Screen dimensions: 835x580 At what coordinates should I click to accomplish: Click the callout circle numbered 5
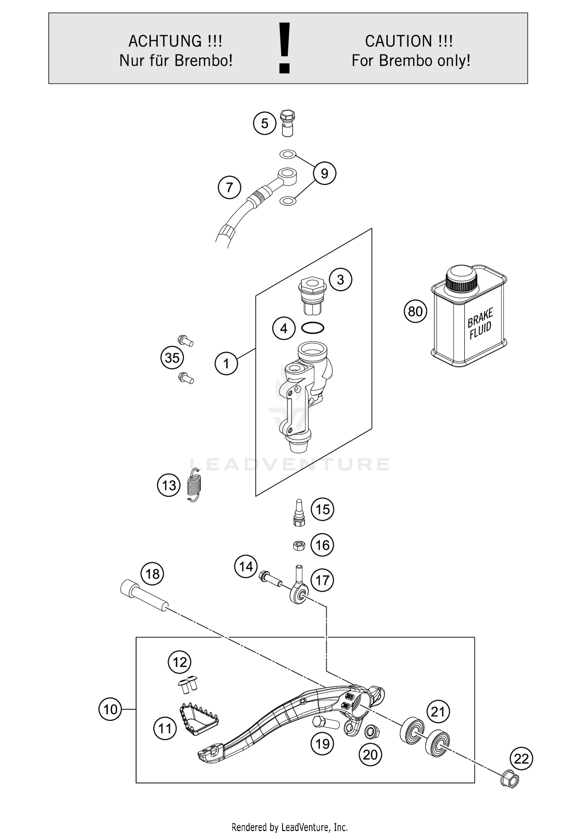pyautogui.click(x=264, y=123)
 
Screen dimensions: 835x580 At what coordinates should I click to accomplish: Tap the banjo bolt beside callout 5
pyautogui.click(x=287, y=123)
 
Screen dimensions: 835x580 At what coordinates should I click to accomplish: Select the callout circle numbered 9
pyautogui.click(x=324, y=173)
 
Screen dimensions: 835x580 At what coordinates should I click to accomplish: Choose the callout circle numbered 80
pyautogui.click(x=415, y=311)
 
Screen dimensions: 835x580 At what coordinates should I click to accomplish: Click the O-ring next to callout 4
pyautogui.click(x=312, y=328)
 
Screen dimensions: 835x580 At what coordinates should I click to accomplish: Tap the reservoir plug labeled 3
pyautogui.click(x=312, y=296)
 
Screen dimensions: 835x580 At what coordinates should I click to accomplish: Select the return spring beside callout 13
pyautogui.click(x=194, y=485)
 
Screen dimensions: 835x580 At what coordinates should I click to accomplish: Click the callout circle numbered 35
pyautogui.click(x=172, y=358)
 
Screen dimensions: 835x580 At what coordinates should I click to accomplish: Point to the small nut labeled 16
pyautogui.click(x=299, y=546)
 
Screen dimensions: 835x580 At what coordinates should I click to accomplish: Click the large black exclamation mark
pyautogui.click(x=285, y=48)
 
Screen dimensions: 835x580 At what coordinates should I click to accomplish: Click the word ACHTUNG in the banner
pyautogui.click(x=165, y=41)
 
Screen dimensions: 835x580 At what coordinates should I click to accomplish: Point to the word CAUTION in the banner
pyautogui.click(x=398, y=41)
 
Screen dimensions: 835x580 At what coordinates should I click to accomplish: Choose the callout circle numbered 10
pyautogui.click(x=110, y=709)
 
